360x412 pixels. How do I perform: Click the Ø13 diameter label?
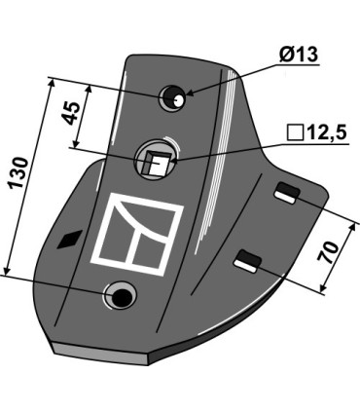[x=298, y=55]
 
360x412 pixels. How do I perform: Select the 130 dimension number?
[x=18, y=173]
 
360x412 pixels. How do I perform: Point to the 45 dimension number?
[x=72, y=114]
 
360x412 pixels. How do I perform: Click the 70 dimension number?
[x=328, y=252]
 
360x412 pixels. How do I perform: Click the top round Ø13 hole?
[x=172, y=97]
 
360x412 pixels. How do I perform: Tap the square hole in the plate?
[x=156, y=162]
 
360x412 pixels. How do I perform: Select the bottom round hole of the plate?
[x=120, y=296]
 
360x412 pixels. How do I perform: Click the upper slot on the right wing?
[x=287, y=193]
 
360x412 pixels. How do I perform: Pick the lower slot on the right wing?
[x=248, y=261]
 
